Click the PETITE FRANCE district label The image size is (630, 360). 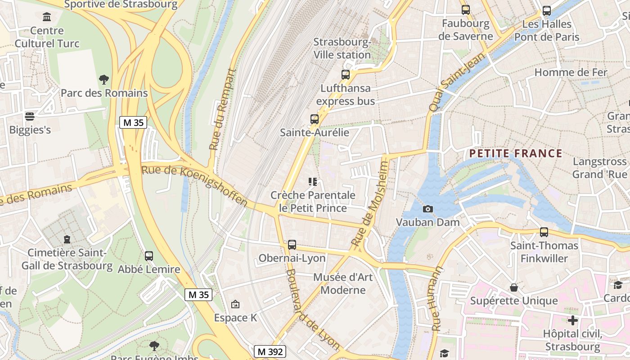pyautogui.click(x=516, y=153)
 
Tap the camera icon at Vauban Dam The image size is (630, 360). pyautogui.click(x=428, y=209)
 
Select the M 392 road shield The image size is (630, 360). pyautogui.click(x=270, y=351)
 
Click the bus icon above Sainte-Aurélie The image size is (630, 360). pyautogui.click(x=315, y=119)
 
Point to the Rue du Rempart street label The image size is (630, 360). pyautogui.click(x=223, y=109)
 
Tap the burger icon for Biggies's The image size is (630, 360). pyautogui.click(x=30, y=117)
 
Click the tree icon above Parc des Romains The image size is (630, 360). pyautogui.click(x=104, y=80)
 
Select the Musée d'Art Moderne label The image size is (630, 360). pyautogui.click(x=343, y=283)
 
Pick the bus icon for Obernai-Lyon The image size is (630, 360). pyautogui.click(x=292, y=245)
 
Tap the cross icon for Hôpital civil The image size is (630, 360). pyautogui.click(x=572, y=320)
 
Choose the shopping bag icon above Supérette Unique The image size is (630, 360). pyautogui.click(x=514, y=287)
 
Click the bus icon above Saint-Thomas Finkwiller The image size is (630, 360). pyautogui.click(x=544, y=232)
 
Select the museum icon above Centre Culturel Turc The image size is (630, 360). pyautogui.click(x=46, y=17)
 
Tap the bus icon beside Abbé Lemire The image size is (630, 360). pyautogui.click(x=149, y=256)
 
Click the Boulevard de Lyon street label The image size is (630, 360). pyautogui.click(x=312, y=310)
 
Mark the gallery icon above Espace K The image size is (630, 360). pyautogui.click(x=235, y=305)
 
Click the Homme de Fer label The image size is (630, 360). pyautogui.click(x=571, y=72)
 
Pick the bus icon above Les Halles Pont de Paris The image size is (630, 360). pyautogui.click(x=547, y=11)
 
